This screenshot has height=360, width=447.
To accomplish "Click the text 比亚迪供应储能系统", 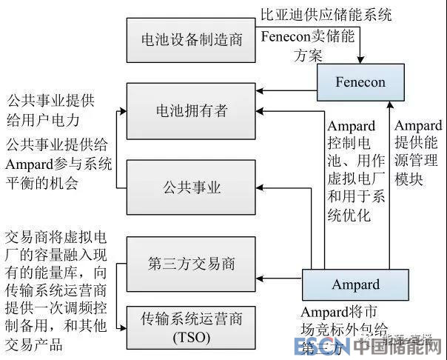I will (x=326, y=13).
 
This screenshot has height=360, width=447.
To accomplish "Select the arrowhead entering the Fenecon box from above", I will (x=361, y=61).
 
